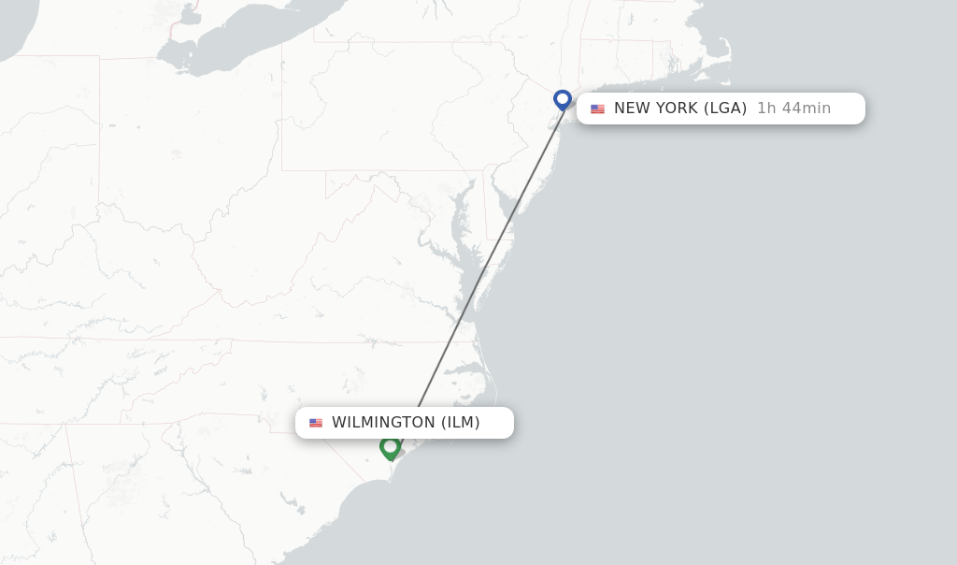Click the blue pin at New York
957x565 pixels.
pos(562,99)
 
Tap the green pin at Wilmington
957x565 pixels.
pos(390,447)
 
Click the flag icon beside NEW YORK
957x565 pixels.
pos(597,109)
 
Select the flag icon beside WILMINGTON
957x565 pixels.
pos(316,423)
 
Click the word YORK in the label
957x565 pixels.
pos(676,109)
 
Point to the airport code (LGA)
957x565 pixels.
pos(725,109)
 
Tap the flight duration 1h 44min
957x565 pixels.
pos(793,109)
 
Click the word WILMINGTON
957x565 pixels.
pos(383,423)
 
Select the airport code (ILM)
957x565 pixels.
pos(461,423)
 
